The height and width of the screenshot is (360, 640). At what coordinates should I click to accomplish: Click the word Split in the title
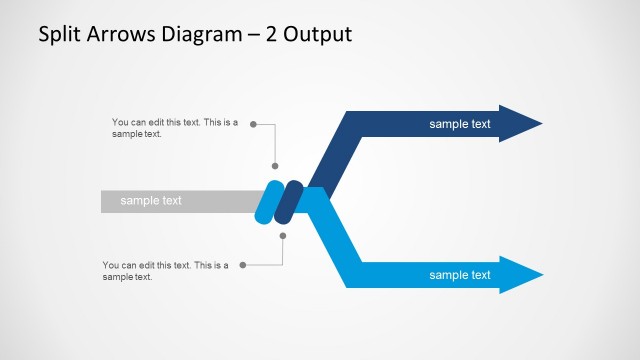point(59,35)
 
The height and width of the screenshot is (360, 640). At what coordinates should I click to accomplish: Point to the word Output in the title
point(318,35)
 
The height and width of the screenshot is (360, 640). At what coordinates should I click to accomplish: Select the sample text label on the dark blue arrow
point(460,124)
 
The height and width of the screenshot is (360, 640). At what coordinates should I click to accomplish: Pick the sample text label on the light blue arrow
point(460,275)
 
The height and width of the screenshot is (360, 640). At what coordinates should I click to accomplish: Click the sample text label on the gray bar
point(151,201)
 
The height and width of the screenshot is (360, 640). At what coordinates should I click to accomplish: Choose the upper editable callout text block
point(175,128)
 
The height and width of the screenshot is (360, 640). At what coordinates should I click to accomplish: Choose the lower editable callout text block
point(165,271)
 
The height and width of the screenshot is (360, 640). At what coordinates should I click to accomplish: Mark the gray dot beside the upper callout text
point(253,125)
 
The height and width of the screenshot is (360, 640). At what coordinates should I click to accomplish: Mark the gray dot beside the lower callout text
point(243,265)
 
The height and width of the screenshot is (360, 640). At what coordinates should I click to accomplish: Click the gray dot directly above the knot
point(276,167)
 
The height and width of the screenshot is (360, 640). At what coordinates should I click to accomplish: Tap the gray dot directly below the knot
point(283,236)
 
